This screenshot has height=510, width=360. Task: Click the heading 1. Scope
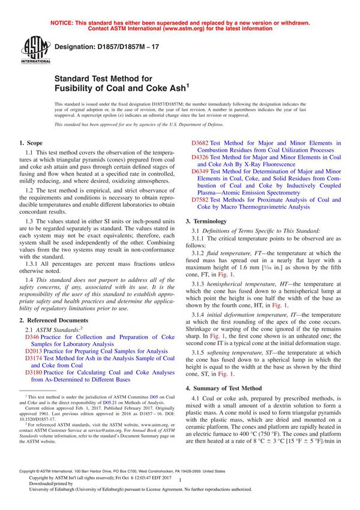coord(31,143)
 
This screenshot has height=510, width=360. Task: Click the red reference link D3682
coord(200,143)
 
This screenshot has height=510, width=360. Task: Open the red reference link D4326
coord(200,157)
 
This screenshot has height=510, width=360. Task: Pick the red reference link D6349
coord(200,171)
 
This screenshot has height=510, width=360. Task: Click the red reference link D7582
coord(200,199)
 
